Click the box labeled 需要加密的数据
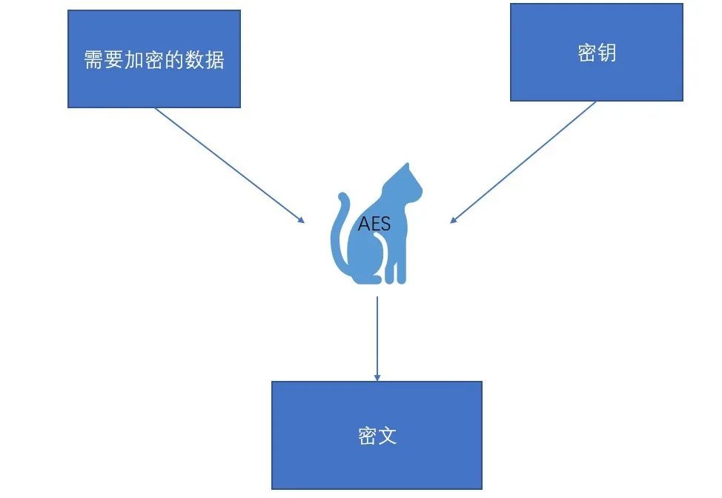tap(154, 59)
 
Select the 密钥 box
tap(596, 52)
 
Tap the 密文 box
tap(377, 435)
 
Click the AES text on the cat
tap(374, 224)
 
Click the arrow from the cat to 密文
tap(377, 337)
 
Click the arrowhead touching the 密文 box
tap(377, 377)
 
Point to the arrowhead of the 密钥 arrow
tap(454, 219)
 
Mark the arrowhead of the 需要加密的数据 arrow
tap(300, 219)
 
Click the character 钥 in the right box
tap(606, 53)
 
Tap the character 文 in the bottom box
tap(387, 436)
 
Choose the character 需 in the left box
tap(93, 59)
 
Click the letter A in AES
tap(363, 224)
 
